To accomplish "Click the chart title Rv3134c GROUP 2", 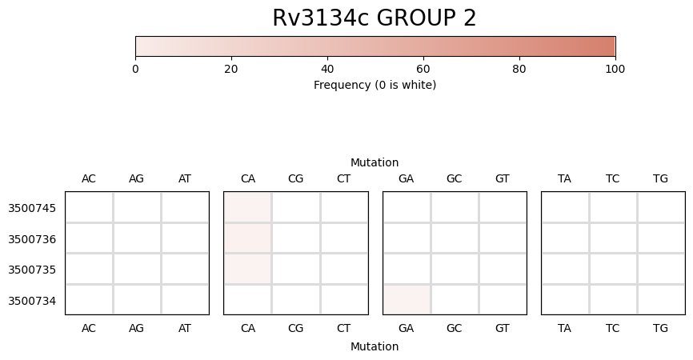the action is click(x=375, y=18).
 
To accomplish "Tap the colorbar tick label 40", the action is click(x=327, y=70).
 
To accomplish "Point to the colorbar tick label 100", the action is click(x=615, y=70).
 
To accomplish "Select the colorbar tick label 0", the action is click(x=135, y=70).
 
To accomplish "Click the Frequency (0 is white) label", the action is click(x=375, y=85).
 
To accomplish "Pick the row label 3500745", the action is click(x=32, y=208).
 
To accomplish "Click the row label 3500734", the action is click(x=32, y=301).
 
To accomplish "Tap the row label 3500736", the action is click(x=32, y=239).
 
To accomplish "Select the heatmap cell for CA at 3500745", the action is click(x=247, y=207).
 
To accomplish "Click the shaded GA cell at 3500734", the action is click(x=407, y=299).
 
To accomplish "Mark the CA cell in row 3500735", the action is click(x=247, y=269).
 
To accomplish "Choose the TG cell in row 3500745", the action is click(x=661, y=207).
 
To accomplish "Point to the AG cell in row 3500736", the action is click(x=137, y=238).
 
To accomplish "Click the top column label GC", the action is click(x=455, y=179).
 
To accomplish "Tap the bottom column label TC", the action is click(x=612, y=328).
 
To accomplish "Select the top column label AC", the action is click(x=89, y=179).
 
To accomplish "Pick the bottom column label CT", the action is click(x=343, y=328).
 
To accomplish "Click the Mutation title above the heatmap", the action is click(x=375, y=162).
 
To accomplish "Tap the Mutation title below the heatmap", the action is click(x=375, y=346).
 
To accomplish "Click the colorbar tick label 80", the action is click(x=519, y=70).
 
